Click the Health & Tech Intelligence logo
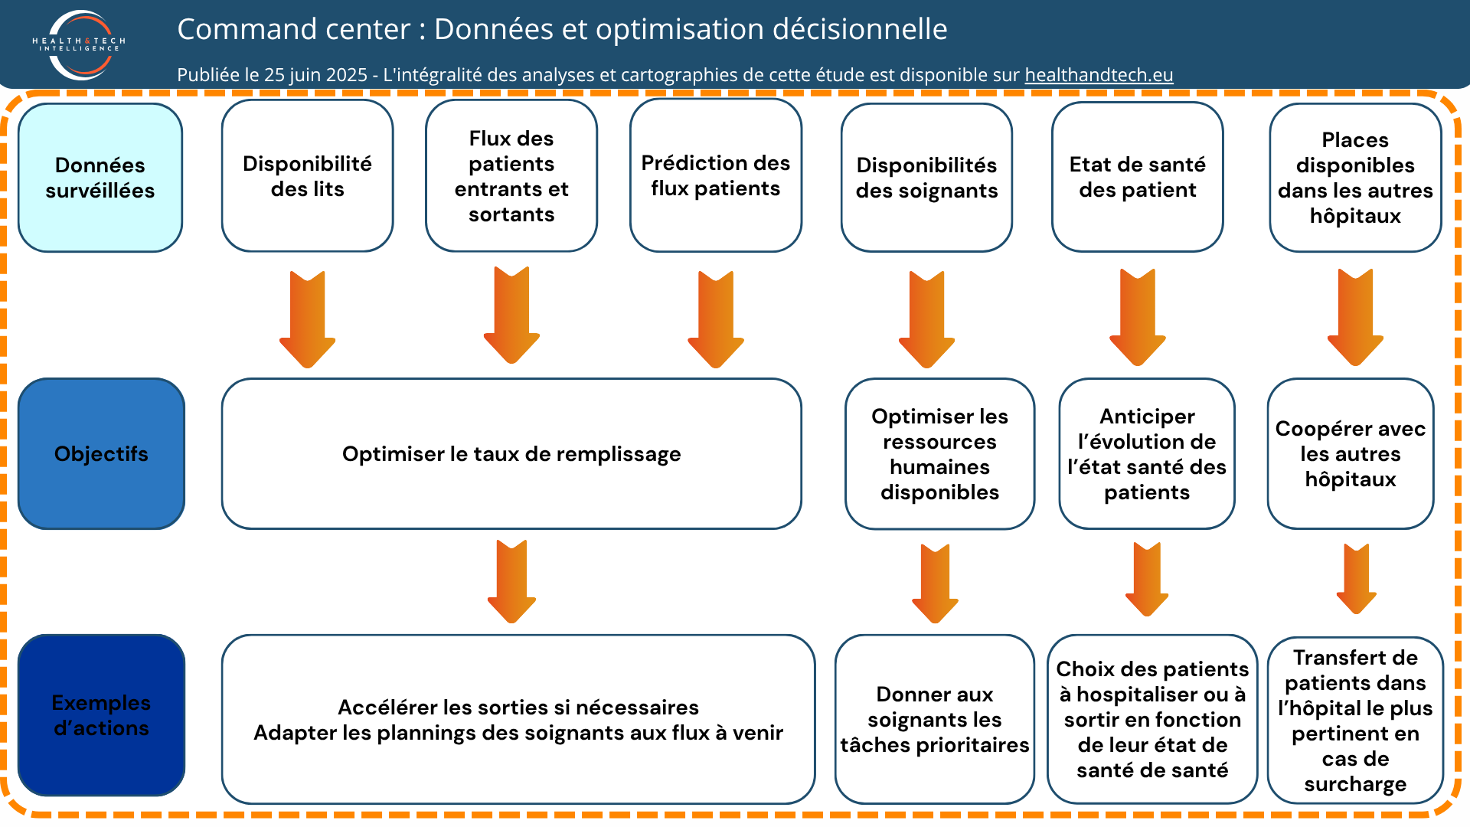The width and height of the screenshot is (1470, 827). [80, 44]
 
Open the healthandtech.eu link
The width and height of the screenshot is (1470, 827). [1099, 75]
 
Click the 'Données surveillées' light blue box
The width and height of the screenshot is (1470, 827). [100, 178]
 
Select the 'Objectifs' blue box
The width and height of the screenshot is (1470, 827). [101, 453]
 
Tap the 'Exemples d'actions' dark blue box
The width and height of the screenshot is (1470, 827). [101, 715]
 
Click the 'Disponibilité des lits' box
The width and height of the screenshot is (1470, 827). [307, 176]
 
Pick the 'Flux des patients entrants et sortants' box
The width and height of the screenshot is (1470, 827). [511, 176]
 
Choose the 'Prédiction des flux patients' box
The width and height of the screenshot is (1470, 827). [716, 175]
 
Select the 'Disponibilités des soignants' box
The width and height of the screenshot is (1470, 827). [926, 178]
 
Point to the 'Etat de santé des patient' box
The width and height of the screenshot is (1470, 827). [1138, 177]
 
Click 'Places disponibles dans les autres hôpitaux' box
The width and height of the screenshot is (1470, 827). [1355, 178]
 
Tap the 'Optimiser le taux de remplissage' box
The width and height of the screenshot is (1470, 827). [511, 453]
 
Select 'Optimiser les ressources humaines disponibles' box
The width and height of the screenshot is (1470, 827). [940, 453]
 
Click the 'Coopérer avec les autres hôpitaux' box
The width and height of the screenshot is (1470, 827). [1351, 453]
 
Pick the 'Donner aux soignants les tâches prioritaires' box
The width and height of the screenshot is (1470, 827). [935, 719]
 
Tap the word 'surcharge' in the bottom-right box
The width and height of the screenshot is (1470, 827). [1355, 784]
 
